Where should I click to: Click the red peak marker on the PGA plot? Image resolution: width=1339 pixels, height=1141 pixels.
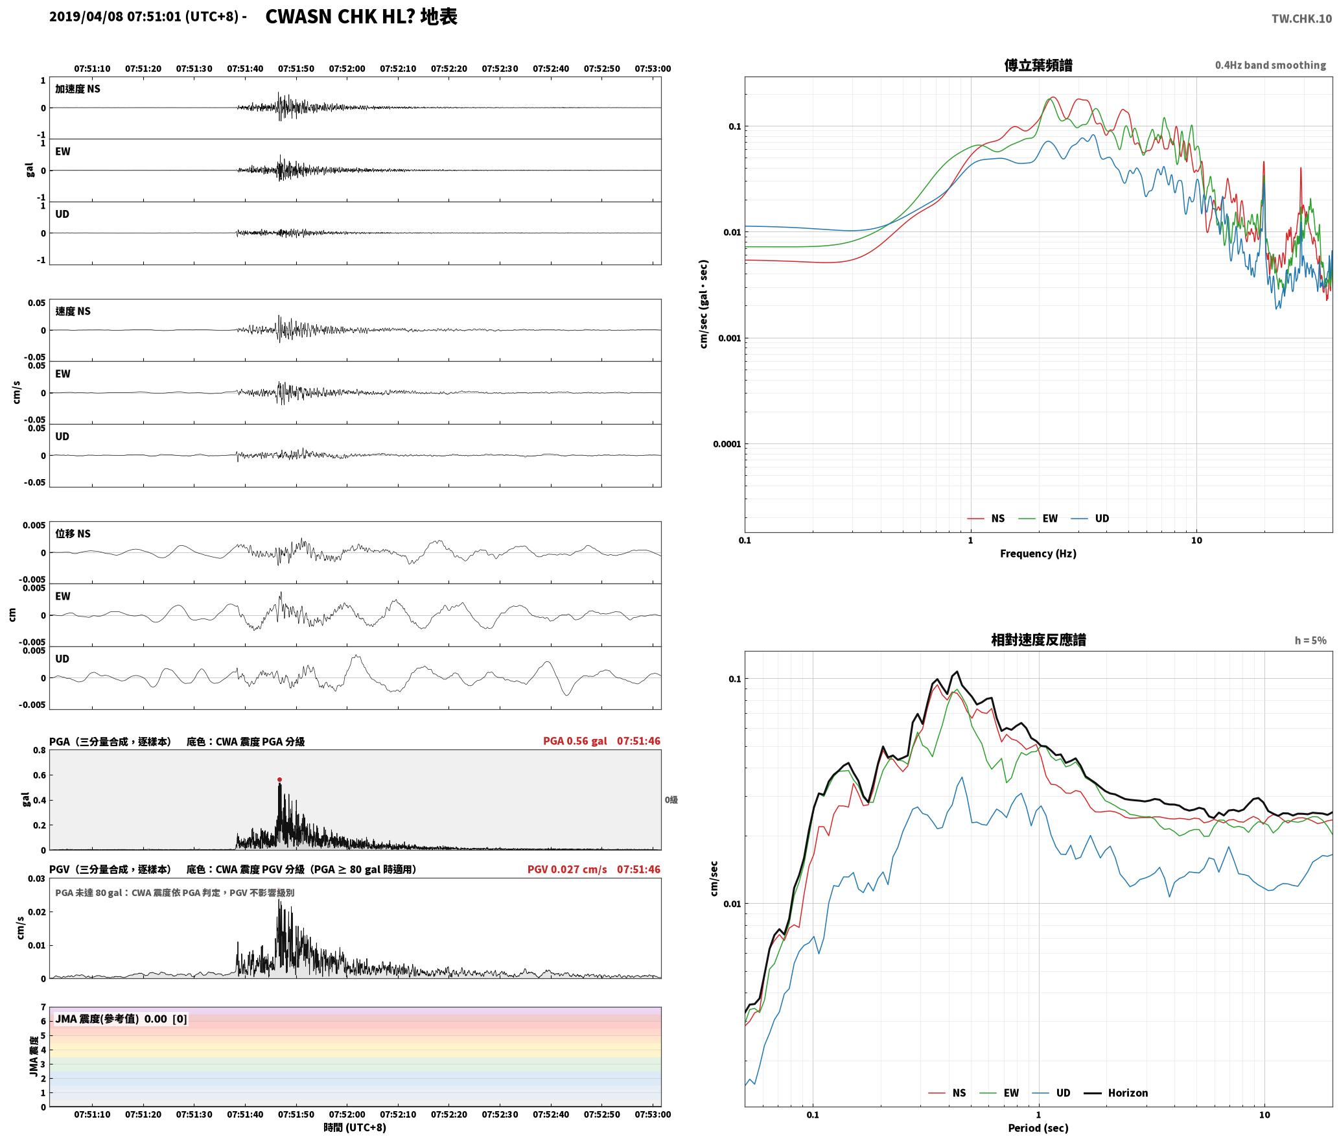pyautogui.click(x=279, y=779)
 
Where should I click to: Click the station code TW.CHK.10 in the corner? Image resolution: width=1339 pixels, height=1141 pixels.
pyautogui.click(x=1301, y=19)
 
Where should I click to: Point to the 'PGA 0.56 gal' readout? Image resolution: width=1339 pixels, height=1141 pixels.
pyautogui.click(x=575, y=741)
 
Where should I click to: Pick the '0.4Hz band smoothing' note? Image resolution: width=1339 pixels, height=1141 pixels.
pyautogui.click(x=1270, y=65)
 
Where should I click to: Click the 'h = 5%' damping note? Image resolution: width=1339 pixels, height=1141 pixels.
pyautogui.click(x=1310, y=641)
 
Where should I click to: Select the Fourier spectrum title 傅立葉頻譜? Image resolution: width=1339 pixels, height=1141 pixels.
pyautogui.click(x=1038, y=65)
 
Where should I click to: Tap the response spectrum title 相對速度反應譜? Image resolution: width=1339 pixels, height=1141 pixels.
pyautogui.click(x=1038, y=640)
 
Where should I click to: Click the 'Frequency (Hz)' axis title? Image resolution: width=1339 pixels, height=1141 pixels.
pyautogui.click(x=1038, y=554)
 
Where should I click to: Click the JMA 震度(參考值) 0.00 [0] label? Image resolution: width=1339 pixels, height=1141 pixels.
pyautogui.click(x=121, y=1018)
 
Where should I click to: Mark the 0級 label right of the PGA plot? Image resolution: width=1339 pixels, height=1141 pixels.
pyautogui.click(x=671, y=800)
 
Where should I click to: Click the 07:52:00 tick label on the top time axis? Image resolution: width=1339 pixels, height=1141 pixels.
pyautogui.click(x=347, y=68)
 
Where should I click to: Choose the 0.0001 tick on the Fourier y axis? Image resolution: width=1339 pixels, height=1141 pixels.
pyautogui.click(x=727, y=444)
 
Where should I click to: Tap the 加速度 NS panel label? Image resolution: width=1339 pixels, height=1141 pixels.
pyautogui.click(x=78, y=89)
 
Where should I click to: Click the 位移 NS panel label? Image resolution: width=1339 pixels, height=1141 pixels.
pyautogui.click(x=73, y=534)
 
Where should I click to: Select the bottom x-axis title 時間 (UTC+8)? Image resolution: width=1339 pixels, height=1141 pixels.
pyautogui.click(x=355, y=1128)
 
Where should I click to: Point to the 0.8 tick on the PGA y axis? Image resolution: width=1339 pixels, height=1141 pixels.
pyautogui.click(x=39, y=751)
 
